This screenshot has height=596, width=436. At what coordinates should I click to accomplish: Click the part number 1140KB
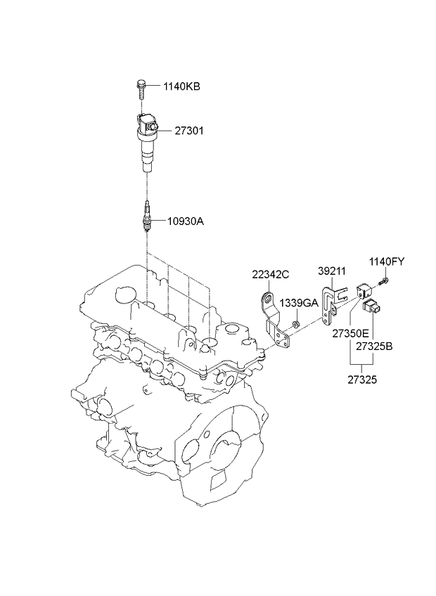tap(181, 86)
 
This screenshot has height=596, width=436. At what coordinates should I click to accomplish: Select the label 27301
tap(189, 131)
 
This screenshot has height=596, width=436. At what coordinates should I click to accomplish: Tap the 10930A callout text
tap(186, 221)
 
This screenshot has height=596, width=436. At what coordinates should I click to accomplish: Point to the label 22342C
tap(271, 274)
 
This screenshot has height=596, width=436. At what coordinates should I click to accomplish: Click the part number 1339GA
tap(299, 303)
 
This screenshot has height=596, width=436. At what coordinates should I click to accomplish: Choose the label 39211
tap(332, 271)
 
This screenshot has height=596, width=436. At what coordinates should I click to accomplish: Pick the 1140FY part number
tap(387, 261)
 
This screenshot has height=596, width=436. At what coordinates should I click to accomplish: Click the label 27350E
tap(350, 334)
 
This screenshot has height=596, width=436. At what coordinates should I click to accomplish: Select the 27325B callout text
tap(374, 346)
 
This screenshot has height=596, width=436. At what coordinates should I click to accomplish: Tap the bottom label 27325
tap(362, 380)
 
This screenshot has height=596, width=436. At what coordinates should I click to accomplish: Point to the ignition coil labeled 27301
tap(147, 141)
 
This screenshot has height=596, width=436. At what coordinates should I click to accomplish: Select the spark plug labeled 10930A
tap(146, 216)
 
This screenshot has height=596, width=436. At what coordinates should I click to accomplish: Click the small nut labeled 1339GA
tap(295, 324)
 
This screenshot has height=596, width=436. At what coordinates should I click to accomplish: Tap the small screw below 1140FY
tap(383, 283)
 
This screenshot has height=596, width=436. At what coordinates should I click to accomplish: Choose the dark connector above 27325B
tap(372, 306)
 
